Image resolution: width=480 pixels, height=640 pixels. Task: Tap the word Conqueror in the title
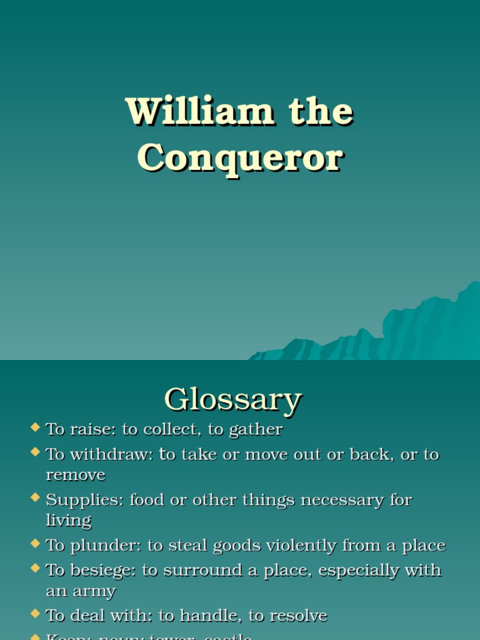point(240,157)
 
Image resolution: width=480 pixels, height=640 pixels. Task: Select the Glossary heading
point(232,399)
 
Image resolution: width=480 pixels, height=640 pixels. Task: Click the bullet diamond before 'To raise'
point(35,427)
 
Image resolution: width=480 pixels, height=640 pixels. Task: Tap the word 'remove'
point(76,475)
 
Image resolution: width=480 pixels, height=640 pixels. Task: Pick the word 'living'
point(69,521)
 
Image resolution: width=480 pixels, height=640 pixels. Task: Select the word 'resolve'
point(298,616)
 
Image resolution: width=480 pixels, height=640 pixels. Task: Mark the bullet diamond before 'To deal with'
point(35,614)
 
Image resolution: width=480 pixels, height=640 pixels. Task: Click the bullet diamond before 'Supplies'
point(35,497)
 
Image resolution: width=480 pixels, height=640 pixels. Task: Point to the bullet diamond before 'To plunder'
point(35,543)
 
